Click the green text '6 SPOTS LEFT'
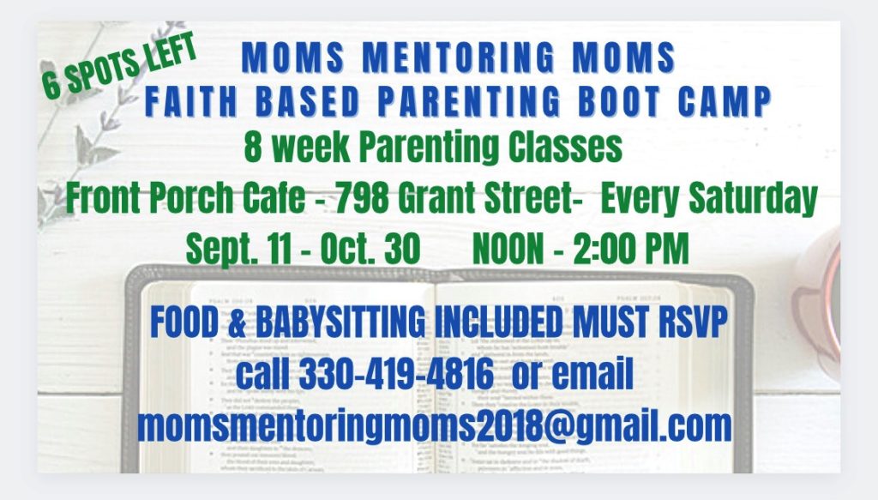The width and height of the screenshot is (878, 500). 119,65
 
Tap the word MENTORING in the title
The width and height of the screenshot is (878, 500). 459,57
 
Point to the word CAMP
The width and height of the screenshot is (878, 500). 725,101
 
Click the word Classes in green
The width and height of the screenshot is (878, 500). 565,147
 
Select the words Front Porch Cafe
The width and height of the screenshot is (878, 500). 186,197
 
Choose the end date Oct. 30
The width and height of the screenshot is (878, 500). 370,248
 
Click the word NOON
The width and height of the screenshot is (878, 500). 508,249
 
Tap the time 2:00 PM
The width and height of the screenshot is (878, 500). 631,249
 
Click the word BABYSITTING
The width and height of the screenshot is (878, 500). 340,322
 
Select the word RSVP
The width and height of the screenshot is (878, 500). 693,322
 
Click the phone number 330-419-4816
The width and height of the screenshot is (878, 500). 396,374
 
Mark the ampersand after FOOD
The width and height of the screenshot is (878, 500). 237,322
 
